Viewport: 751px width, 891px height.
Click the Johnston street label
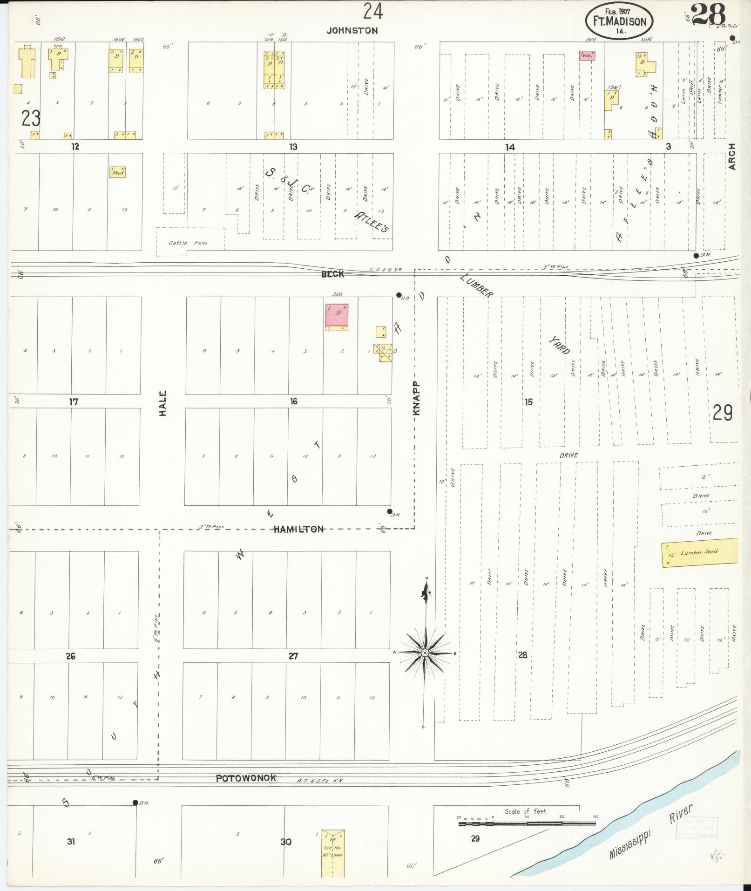(x=352, y=31)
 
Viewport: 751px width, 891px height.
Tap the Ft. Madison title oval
(x=619, y=21)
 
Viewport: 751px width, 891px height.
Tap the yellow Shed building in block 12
(x=117, y=172)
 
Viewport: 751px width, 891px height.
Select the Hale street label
(x=163, y=403)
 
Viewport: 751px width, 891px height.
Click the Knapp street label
(x=417, y=398)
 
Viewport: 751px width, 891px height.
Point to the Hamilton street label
(x=298, y=529)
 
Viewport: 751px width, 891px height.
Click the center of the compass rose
(x=425, y=653)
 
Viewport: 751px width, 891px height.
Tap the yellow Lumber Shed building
(x=699, y=552)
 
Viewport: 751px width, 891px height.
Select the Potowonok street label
(x=246, y=778)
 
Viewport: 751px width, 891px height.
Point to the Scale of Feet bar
(x=526, y=823)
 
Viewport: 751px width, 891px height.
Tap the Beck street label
(x=332, y=274)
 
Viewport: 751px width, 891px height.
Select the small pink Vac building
(x=587, y=55)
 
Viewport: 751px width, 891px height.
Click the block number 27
(x=293, y=656)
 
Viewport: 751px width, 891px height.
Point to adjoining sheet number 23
(x=31, y=119)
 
